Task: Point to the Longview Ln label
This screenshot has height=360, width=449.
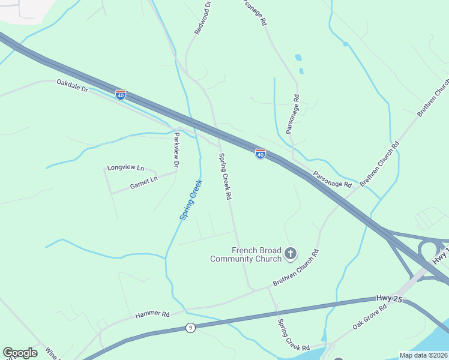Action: pyautogui.click(x=126, y=168)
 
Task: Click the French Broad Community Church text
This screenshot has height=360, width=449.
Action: pyautogui.click(x=246, y=254)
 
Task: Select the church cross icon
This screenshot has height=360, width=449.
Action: pyautogui.click(x=291, y=254)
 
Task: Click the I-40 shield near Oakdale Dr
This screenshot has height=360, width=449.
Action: pyautogui.click(x=121, y=95)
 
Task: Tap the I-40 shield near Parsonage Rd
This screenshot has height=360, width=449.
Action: pyautogui.click(x=260, y=154)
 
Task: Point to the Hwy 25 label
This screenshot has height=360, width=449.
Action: pyautogui.click(x=389, y=298)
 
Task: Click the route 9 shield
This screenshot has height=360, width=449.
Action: pyautogui.click(x=190, y=327)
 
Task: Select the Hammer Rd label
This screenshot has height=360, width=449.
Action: pyautogui.click(x=152, y=314)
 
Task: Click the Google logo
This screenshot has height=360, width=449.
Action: pyautogui.click(x=20, y=353)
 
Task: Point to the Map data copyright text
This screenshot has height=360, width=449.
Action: pyautogui.click(x=424, y=355)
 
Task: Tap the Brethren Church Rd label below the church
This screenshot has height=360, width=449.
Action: pyautogui.click(x=295, y=267)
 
